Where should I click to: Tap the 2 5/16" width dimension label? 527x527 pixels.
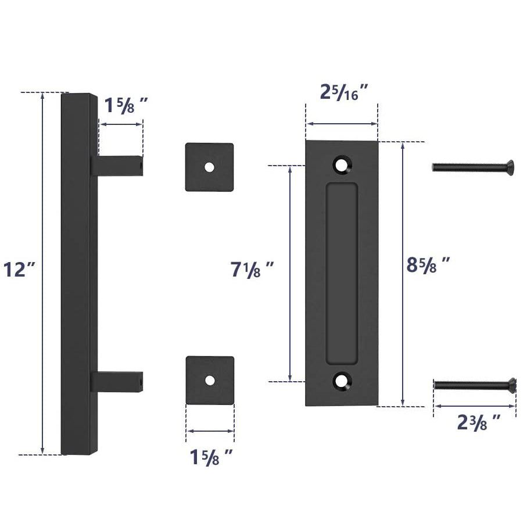click(345, 92)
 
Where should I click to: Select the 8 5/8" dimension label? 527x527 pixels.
click(429, 266)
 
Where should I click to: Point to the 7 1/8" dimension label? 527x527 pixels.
click(252, 270)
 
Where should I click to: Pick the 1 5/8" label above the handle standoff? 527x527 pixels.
click(125, 106)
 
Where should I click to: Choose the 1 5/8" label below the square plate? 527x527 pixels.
click(211, 457)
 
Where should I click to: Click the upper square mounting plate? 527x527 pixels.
click(209, 167)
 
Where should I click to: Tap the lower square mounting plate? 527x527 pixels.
click(210, 381)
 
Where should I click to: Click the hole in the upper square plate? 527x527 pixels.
click(209, 167)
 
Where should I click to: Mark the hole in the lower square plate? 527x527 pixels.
click(210, 380)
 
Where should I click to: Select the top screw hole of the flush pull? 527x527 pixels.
click(342, 164)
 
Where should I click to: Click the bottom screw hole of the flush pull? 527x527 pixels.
click(342, 382)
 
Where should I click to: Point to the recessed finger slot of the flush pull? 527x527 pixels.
click(342, 273)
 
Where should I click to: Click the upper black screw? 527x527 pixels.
click(472, 168)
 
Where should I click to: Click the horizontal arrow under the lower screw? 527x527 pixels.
click(474, 406)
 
